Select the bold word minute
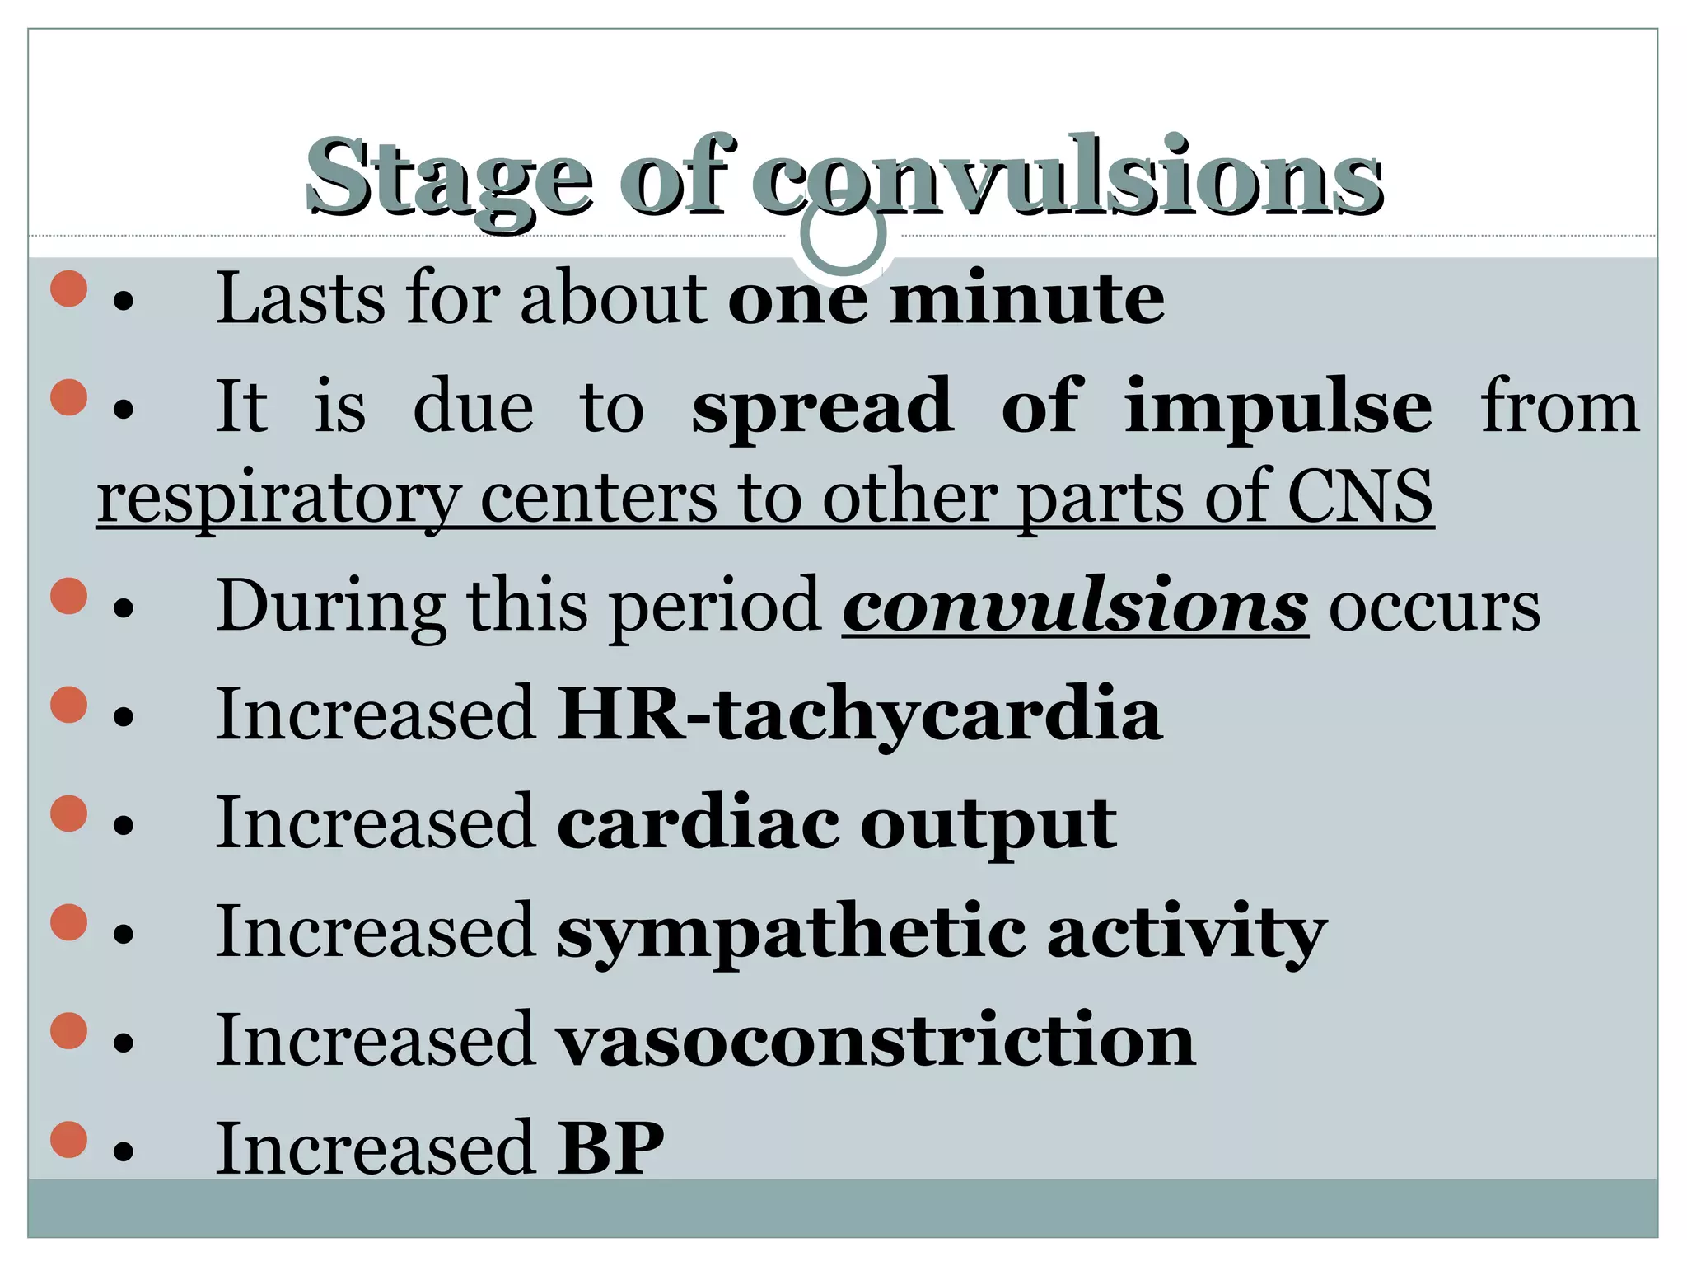(1027, 298)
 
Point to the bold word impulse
(1278, 406)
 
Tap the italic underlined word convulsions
(1075, 607)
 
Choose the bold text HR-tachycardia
(859, 715)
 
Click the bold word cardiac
(699, 823)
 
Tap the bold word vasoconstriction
(876, 1041)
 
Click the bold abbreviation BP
(610, 1148)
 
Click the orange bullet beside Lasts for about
(69, 289)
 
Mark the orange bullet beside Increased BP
(69, 1140)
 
